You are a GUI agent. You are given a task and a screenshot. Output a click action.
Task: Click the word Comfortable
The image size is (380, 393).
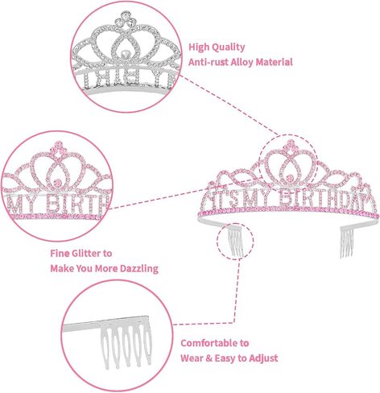(x=210, y=343)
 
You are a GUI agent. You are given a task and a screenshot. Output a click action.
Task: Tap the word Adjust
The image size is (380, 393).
(x=263, y=358)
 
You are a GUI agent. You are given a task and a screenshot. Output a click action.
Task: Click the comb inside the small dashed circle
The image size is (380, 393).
(x=236, y=242)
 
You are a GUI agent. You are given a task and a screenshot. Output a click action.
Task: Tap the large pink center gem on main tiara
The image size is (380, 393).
(x=289, y=177)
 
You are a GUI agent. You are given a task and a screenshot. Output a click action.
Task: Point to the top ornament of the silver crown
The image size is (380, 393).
(x=124, y=19)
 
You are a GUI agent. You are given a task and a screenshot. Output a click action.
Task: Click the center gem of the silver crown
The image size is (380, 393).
(x=124, y=54)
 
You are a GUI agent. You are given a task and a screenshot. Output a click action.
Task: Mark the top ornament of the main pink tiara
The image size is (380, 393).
(x=290, y=146)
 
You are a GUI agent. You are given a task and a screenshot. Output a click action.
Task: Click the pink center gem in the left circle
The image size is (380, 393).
(x=57, y=183)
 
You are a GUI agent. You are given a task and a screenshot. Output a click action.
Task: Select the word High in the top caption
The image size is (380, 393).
(x=198, y=48)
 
